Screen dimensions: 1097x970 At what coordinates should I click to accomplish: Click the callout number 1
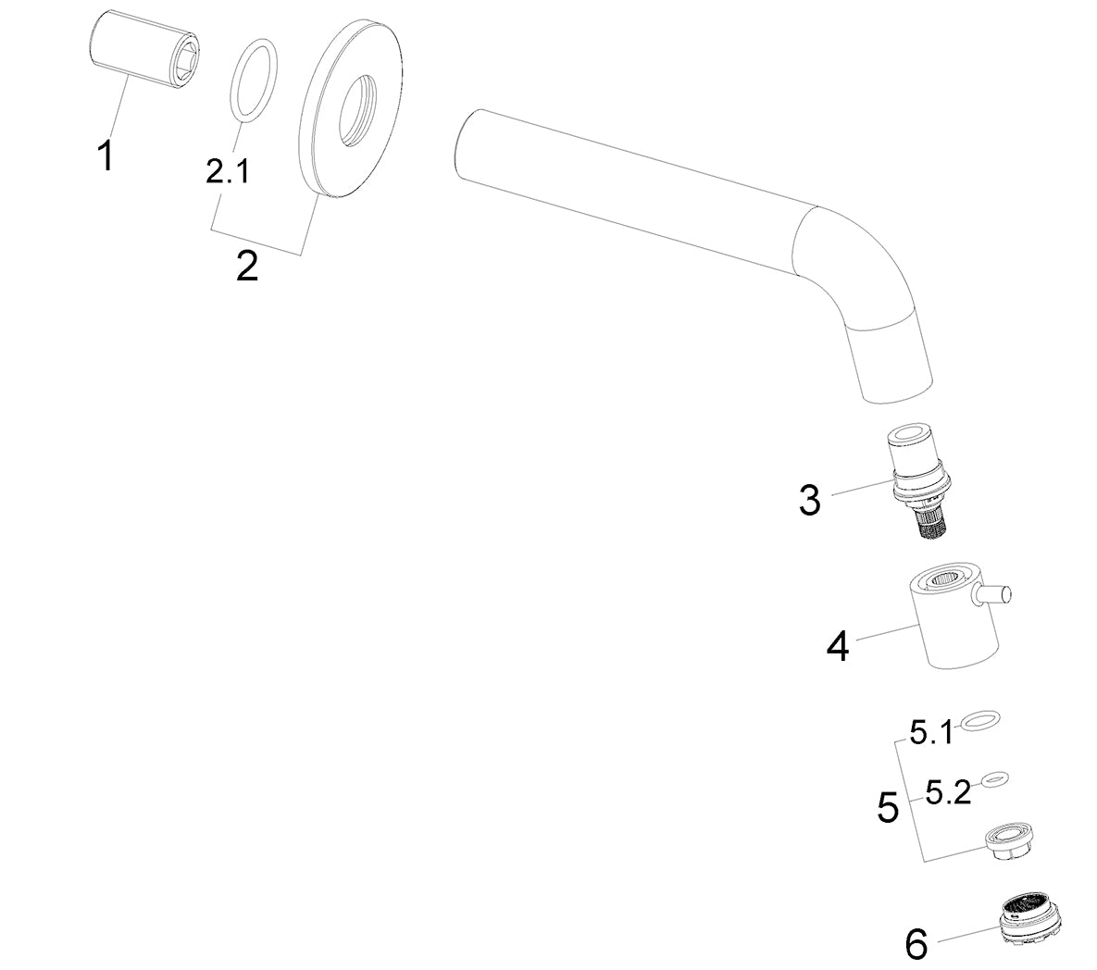(x=106, y=155)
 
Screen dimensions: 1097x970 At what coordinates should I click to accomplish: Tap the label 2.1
(x=228, y=170)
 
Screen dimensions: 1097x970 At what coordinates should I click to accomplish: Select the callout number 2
(x=246, y=266)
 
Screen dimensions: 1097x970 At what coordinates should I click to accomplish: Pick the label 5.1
(x=931, y=733)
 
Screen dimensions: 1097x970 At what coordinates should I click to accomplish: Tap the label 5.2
(x=948, y=792)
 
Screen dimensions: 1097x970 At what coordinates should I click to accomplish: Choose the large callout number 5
(x=888, y=807)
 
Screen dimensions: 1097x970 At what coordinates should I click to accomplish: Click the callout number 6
(x=916, y=944)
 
